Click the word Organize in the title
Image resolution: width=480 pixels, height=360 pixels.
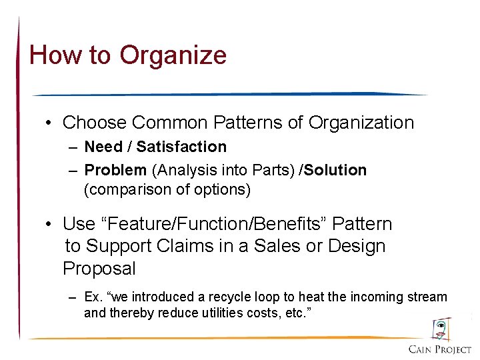[173, 55]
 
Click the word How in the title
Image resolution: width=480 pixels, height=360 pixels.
[52, 55]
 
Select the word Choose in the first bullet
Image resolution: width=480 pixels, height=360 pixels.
[94, 123]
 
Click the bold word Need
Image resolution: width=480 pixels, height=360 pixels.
[103, 147]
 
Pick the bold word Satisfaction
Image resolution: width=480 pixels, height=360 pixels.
[181, 147]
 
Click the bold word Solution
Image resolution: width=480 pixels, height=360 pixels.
[336, 171]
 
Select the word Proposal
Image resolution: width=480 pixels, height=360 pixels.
[99, 269]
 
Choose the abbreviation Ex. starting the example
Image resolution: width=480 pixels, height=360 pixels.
[93, 297]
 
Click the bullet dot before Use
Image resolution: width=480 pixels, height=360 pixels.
[50, 224]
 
